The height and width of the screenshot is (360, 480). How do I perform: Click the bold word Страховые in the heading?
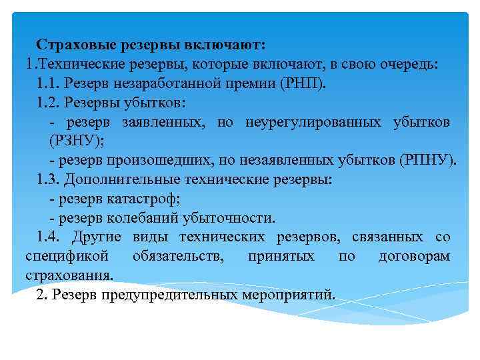coord(77,45)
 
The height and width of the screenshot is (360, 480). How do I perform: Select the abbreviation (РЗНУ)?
coord(77,141)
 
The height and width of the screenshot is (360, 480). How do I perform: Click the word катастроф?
coord(144,199)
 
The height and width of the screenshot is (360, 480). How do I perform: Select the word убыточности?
coord(227,218)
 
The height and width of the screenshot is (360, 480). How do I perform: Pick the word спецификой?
coord(57,257)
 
